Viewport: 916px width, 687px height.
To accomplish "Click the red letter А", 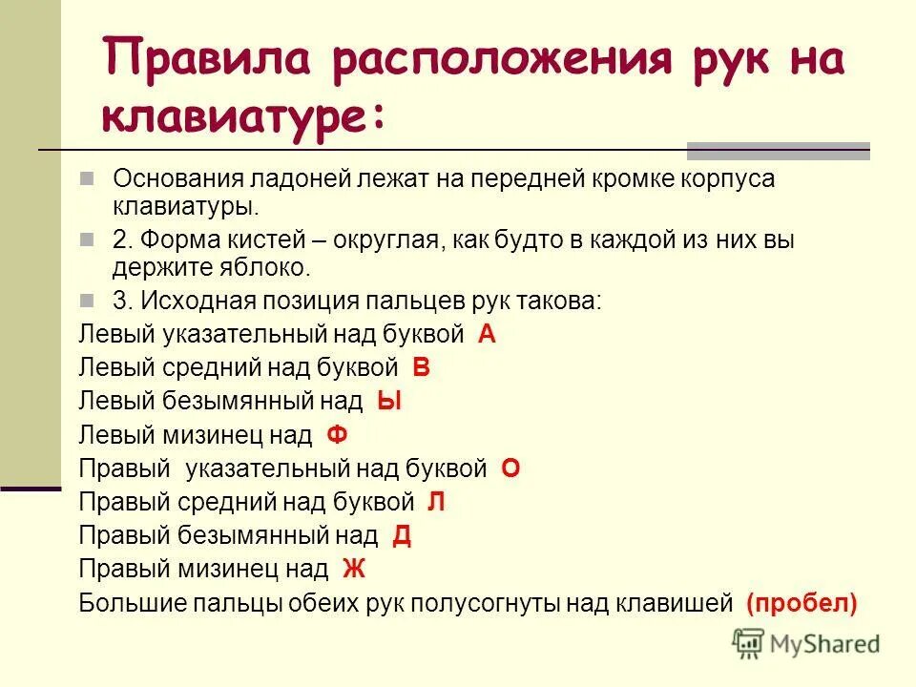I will tap(487, 334).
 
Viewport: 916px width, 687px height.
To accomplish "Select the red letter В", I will tap(421, 367).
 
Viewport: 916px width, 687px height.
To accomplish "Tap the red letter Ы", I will tap(388, 402).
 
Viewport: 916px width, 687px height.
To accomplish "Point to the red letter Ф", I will tap(337, 436).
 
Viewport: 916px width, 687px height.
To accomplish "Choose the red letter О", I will tap(510, 468).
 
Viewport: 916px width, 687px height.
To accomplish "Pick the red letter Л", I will tap(436, 502).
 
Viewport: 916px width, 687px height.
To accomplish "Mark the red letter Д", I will tap(402, 535).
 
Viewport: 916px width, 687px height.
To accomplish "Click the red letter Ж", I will tap(354, 570).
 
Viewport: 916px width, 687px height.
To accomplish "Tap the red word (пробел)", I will tap(802, 603).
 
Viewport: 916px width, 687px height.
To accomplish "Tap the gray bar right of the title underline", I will tap(779, 151).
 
